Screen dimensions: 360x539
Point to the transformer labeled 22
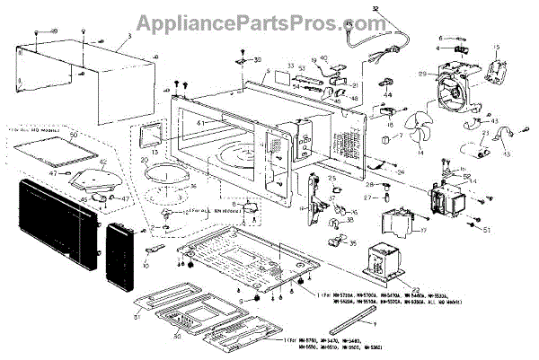[x=382, y=260]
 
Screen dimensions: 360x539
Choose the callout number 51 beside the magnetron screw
[x=489, y=230]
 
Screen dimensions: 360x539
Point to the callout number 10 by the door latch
[x=146, y=266]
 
